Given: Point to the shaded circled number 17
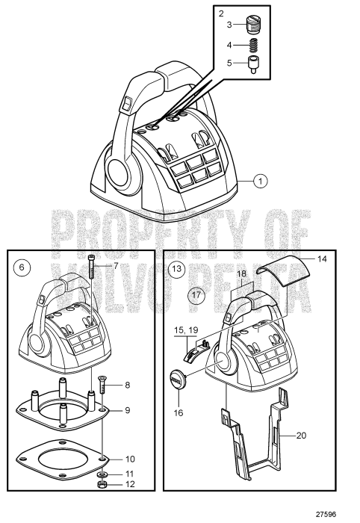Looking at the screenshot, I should [x=195, y=294].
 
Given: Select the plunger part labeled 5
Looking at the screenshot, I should [x=255, y=64].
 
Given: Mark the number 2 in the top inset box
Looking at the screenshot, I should [x=221, y=13].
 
